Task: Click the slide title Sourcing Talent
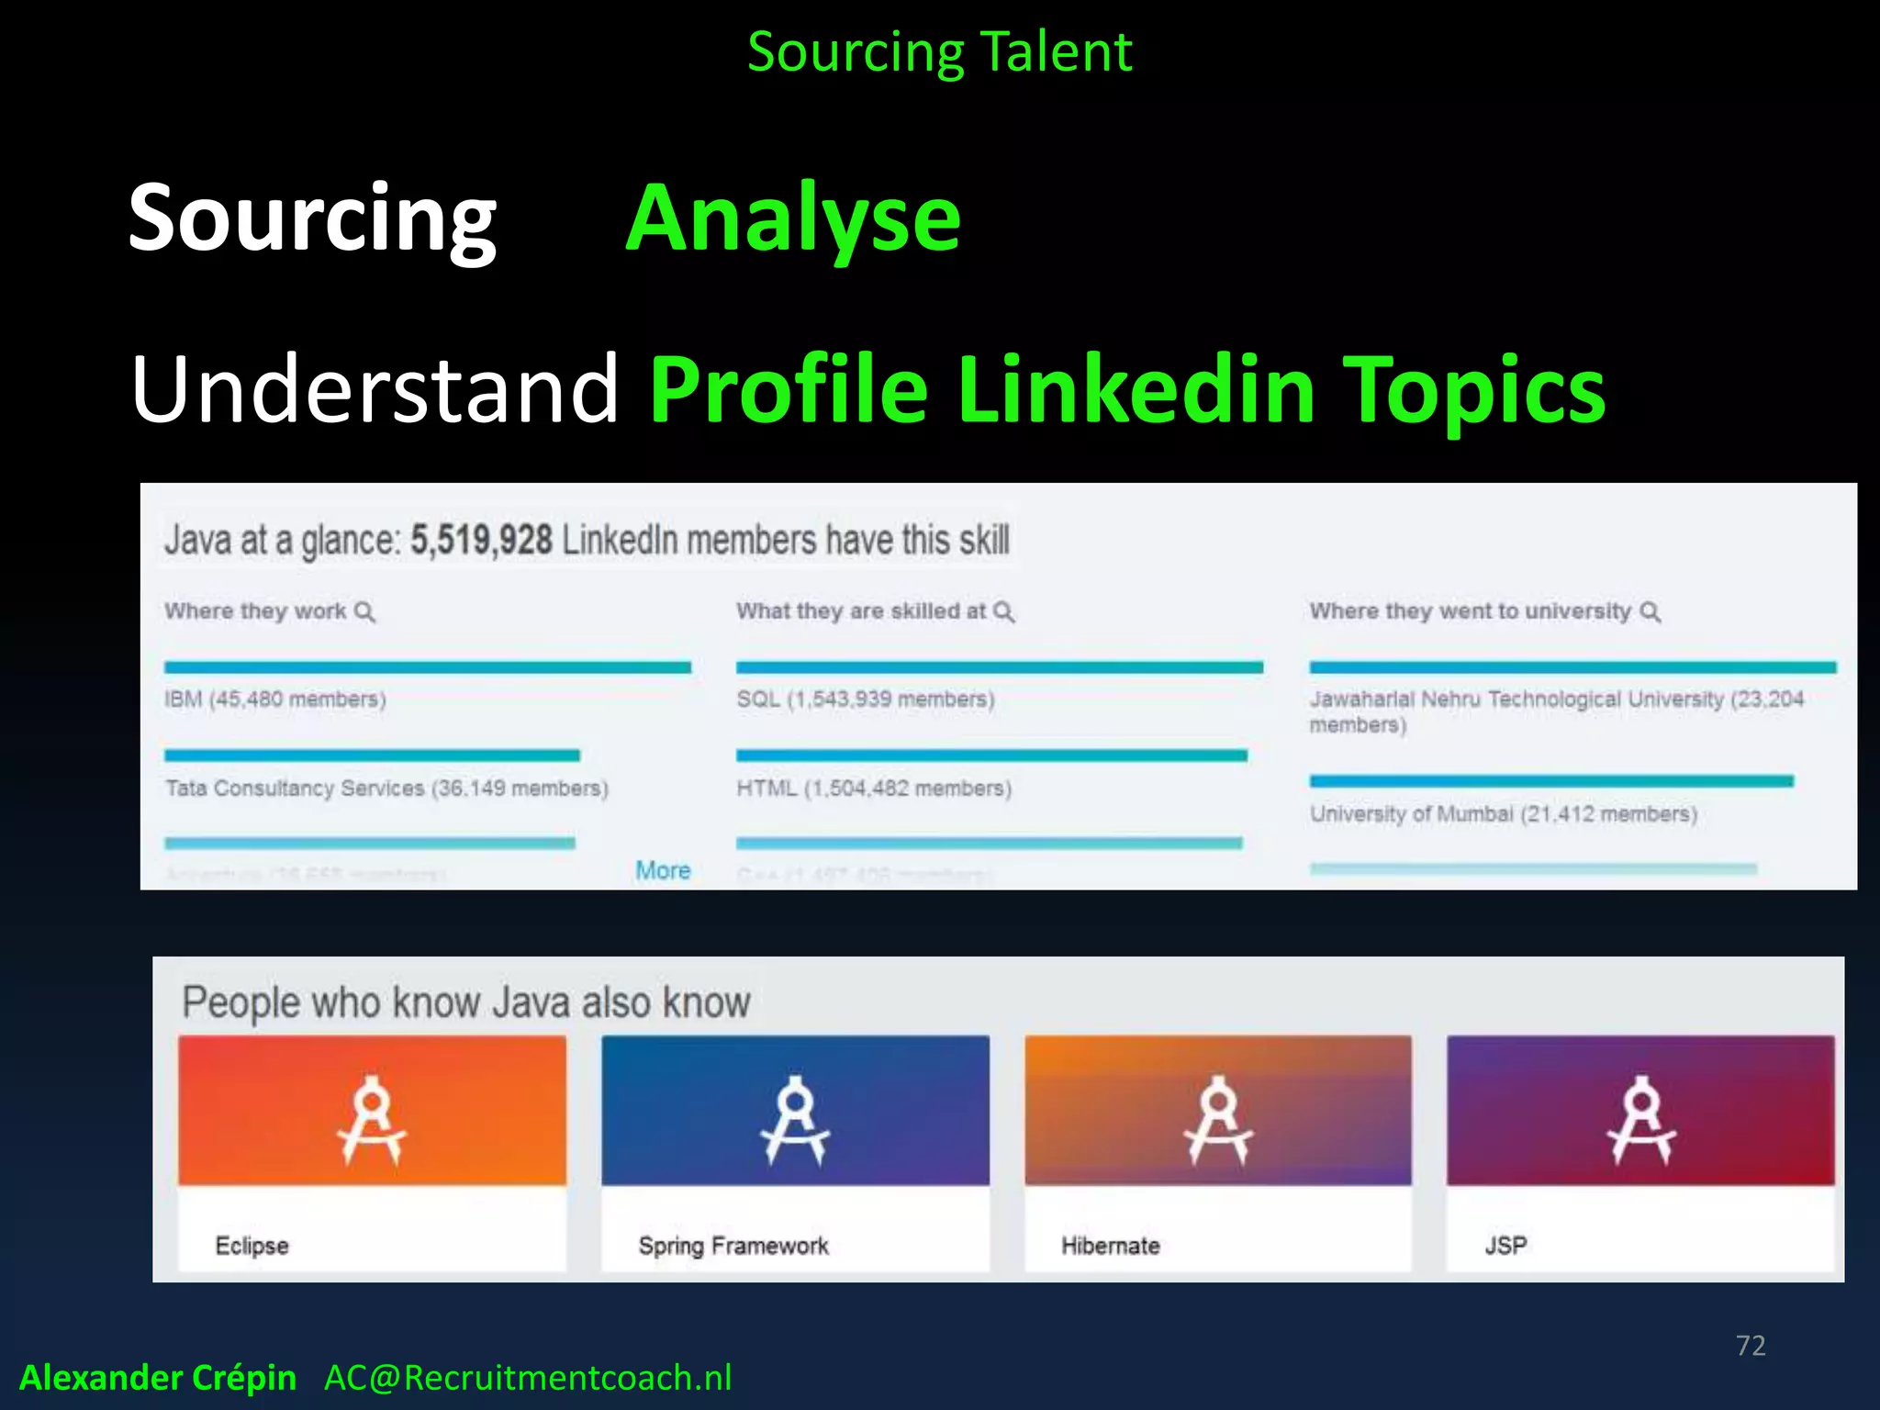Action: [x=939, y=52]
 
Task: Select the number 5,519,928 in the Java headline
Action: [x=481, y=540]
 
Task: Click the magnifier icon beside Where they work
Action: [x=364, y=612]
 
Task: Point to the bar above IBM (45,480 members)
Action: [x=427, y=667]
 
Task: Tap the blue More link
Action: [x=663, y=870]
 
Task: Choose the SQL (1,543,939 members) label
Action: [x=865, y=699]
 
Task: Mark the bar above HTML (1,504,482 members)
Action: [x=991, y=755]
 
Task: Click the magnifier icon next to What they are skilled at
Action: [x=1004, y=612]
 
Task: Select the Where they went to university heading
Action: [x=1470, y=611]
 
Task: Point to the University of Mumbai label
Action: [x=1503, y=814]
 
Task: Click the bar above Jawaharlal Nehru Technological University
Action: [x=1572, y=667]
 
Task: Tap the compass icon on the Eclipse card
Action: [x=372, y=1119]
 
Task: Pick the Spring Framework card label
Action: [x=733, y=1246]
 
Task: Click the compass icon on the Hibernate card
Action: [x=1218, y=1119]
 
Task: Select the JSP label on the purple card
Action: [x=1505, y=1246]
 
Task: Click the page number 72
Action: [x=1751, y=1346]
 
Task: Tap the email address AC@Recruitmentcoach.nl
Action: [x=528, y=1378]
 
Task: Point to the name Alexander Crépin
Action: [x=158, y=1378]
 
